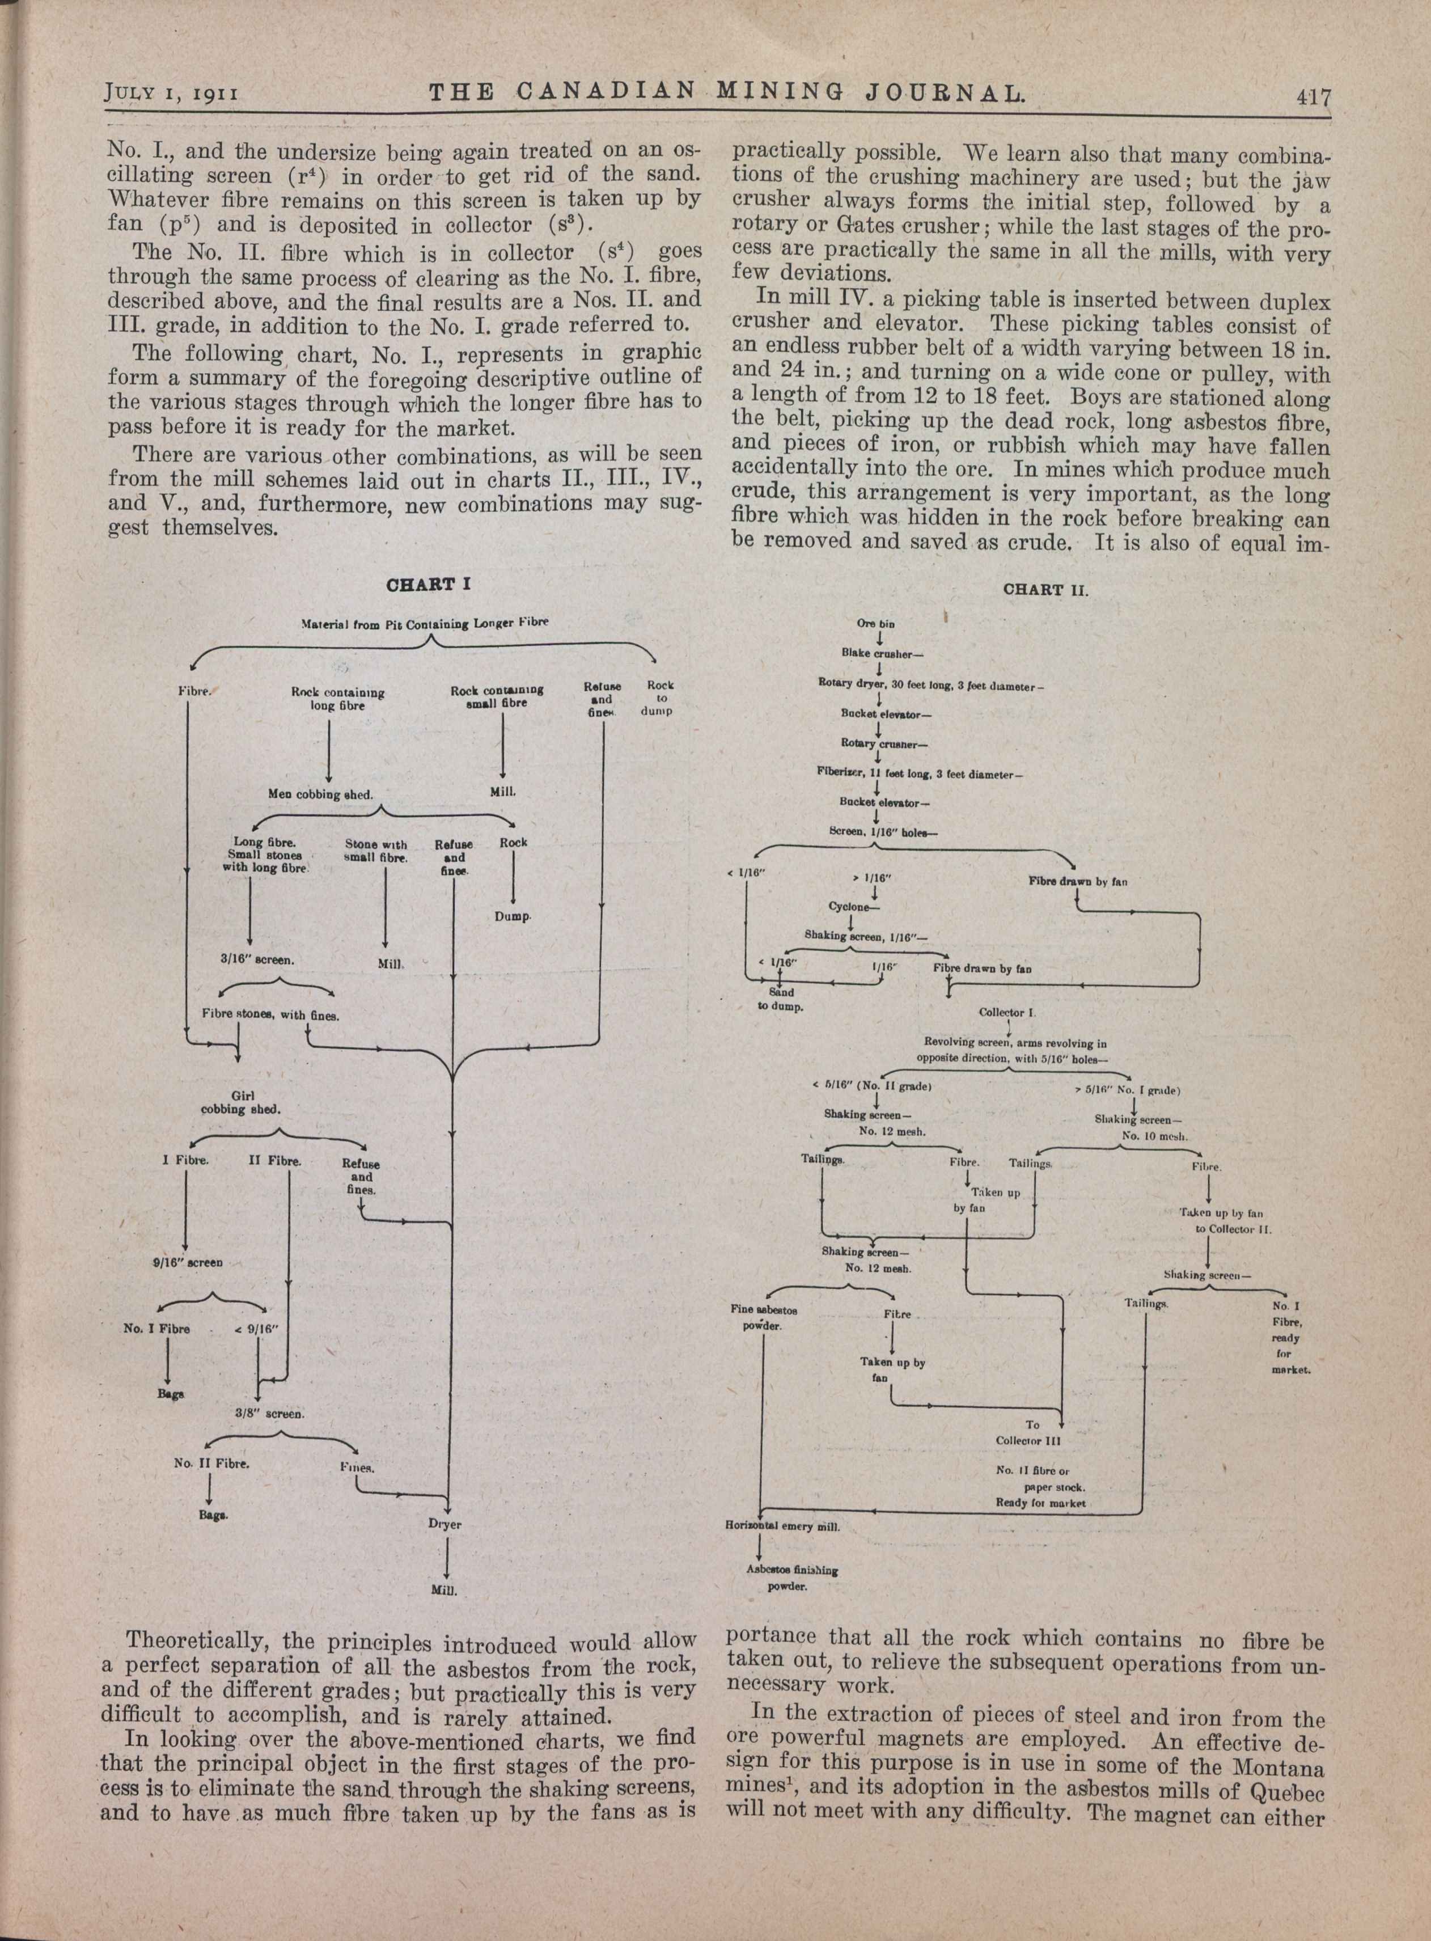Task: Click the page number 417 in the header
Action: click(1311, 97)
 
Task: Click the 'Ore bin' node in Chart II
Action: click(876, 623)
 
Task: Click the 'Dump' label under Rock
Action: click(513, 916)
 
